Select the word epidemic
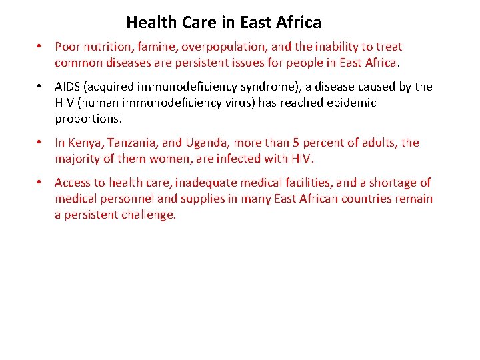[x=351, y=103]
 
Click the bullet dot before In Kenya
[x=41, y=143]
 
